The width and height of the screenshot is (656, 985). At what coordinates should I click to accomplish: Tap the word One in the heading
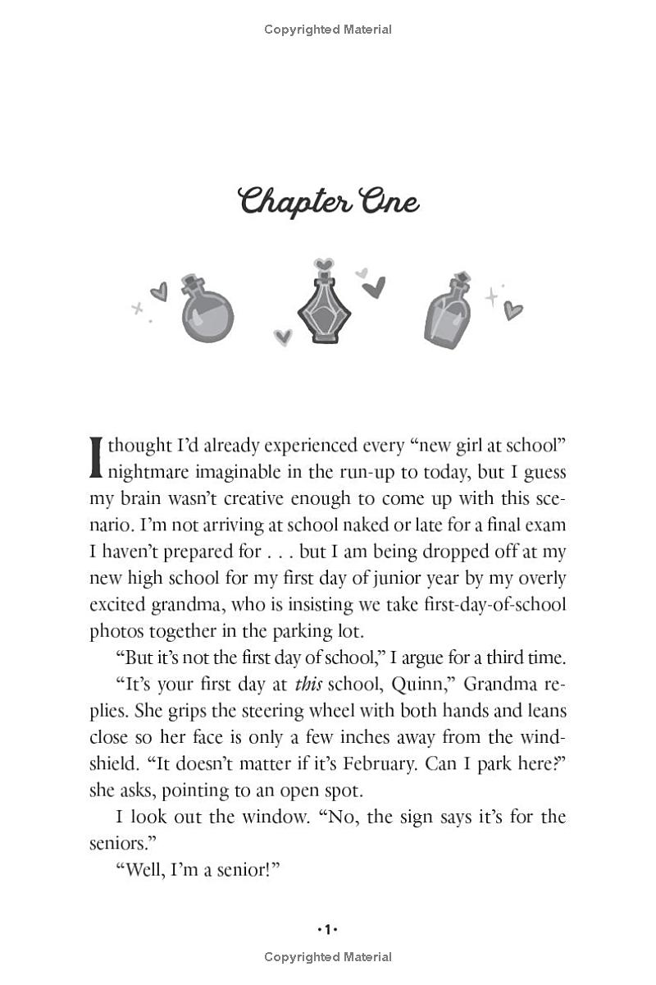(384, 202)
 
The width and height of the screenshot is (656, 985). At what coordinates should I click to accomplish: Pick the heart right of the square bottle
(513, 310)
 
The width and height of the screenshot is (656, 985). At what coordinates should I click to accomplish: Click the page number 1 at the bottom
(328, 929)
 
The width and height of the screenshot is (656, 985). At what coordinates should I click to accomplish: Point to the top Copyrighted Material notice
(328, 30)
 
